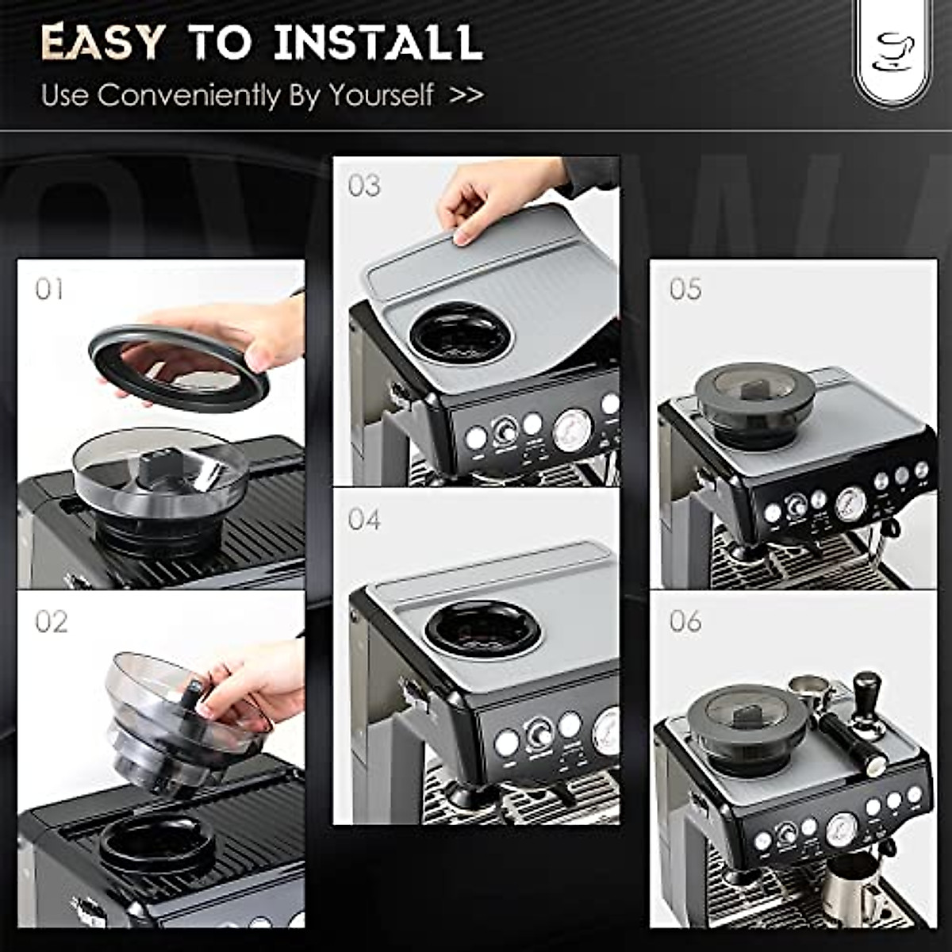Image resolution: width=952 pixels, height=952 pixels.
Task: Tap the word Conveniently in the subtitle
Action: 189,95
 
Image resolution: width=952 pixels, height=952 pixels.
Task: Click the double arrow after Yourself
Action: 466,95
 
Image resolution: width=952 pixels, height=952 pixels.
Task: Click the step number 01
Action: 49,289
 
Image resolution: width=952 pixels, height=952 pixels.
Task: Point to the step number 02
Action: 51,621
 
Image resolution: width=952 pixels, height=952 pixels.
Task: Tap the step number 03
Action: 364,186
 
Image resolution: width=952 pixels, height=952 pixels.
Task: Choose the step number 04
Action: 364,520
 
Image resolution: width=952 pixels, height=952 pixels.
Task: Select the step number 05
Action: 685,289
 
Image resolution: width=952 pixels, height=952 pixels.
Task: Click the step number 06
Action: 685,620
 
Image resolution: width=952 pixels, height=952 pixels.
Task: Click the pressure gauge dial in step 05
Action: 850,503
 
